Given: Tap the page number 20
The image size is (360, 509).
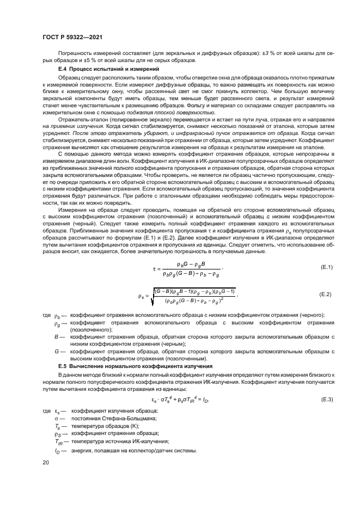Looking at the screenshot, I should click(45, 462).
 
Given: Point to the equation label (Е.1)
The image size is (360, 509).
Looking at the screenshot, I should click(325, 267).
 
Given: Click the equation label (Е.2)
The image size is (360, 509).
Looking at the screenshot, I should click(325, 295).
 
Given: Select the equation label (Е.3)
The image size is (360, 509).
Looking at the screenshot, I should click(325, 400).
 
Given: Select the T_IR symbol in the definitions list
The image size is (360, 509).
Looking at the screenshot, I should click(58, 441).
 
